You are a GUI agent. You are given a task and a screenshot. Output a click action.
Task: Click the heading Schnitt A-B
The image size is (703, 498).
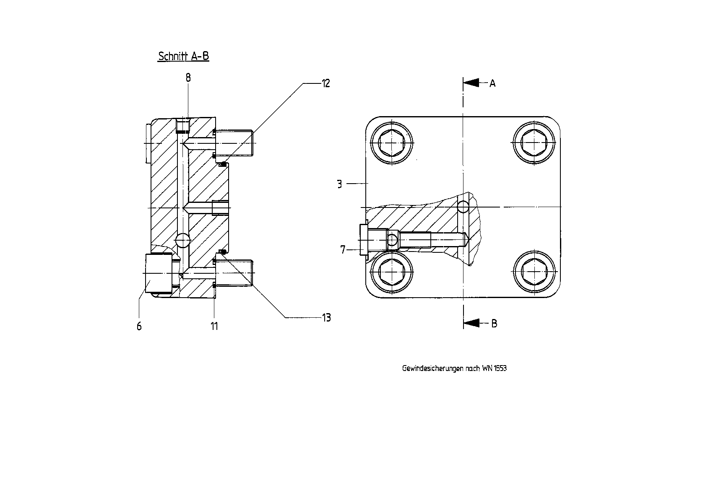(x=183, y=56)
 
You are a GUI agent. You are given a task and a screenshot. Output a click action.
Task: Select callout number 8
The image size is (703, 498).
(x=188, y=78)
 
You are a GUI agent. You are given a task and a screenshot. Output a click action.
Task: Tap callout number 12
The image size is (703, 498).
(x=326, y=83)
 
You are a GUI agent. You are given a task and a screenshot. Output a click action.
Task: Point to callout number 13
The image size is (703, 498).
(x=326, y=318)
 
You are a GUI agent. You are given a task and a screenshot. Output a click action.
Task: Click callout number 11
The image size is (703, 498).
(x=214, y=326)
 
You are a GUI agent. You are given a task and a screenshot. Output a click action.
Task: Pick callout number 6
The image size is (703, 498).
(x=139, y=327)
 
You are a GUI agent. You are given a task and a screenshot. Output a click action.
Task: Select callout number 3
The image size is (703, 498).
(x=340, y=184)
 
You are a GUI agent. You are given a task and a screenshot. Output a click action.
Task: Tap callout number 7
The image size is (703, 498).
(x=343, y=249)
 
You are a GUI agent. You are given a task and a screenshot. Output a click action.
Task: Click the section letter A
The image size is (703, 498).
(x=492, y=83)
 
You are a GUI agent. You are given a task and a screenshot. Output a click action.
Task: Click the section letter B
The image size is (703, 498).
(x=494, y=324)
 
